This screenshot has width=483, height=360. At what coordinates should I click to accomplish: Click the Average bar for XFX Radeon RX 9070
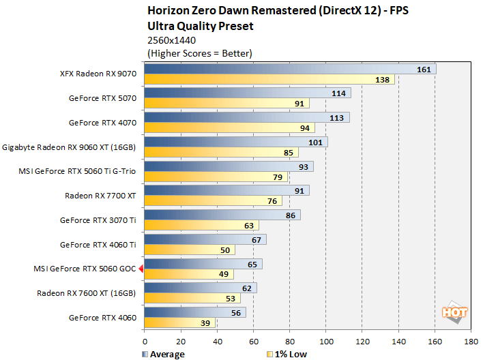[290, 69]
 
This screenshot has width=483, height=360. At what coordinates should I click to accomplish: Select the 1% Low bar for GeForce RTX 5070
[226, 104]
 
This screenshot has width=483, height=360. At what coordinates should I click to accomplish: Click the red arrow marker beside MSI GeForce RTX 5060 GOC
[141, 269]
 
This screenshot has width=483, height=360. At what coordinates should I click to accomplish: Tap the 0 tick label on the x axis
[145, 340]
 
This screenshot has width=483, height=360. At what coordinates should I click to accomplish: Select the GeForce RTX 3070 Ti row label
[98, 220]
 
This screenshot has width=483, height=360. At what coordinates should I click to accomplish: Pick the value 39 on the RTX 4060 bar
[205, 322]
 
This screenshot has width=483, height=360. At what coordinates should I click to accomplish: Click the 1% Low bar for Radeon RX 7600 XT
[192, 298]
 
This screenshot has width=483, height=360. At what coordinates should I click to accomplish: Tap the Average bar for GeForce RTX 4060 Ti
[205, 239]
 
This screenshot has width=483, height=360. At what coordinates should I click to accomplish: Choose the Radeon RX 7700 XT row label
[100, 196]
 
